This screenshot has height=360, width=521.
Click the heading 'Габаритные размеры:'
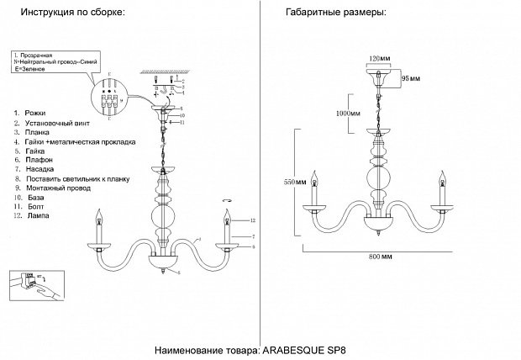pos(336,14)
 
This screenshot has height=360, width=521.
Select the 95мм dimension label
pos(410,78)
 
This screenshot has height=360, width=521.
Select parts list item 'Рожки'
pos(35,113)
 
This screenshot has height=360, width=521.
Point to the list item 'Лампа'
pos(38,216)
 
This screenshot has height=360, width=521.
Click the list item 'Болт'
pos(34,206)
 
